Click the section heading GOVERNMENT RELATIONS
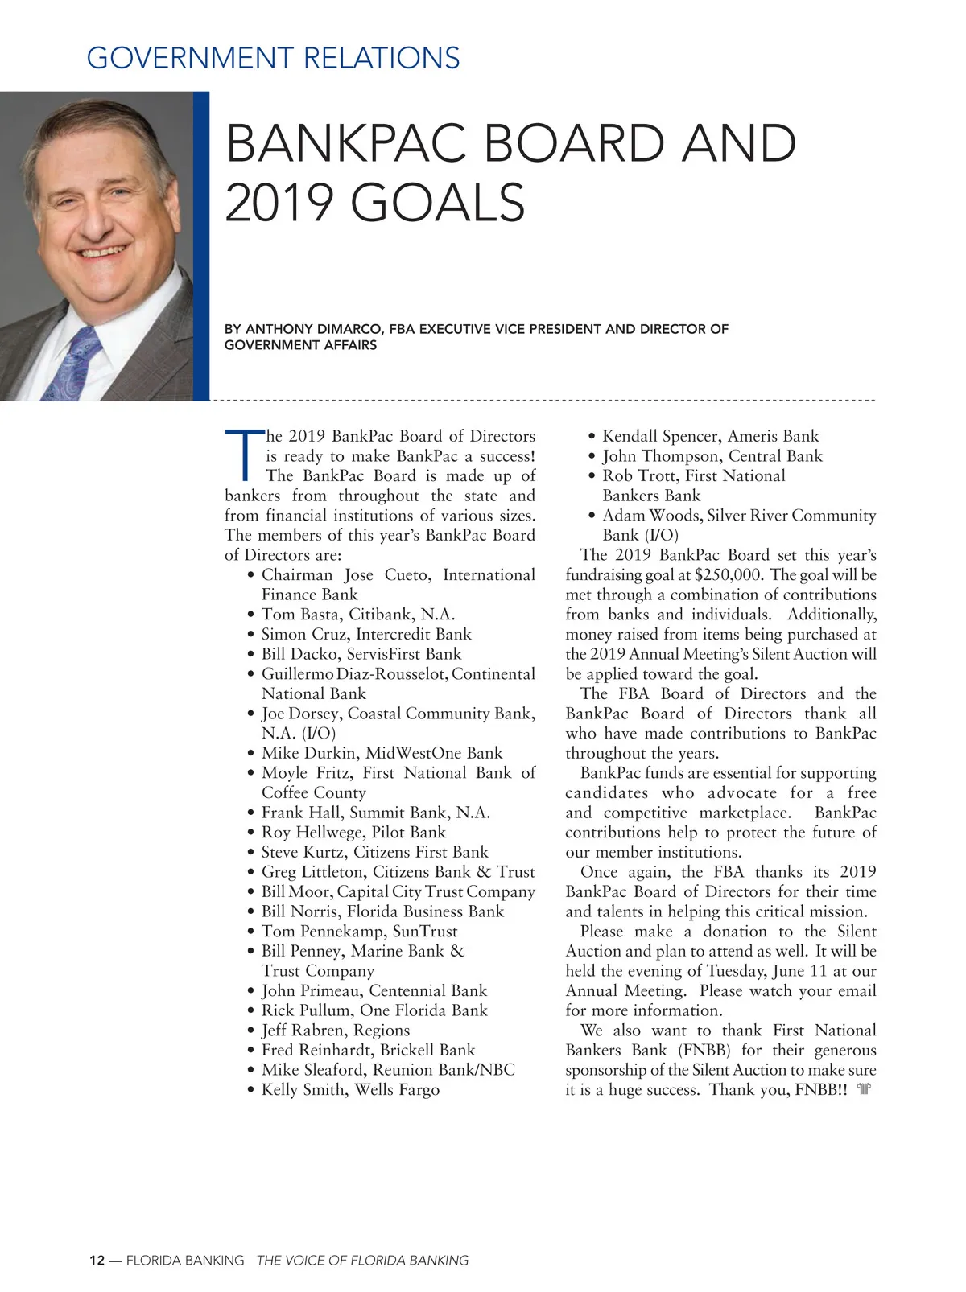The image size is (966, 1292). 273,59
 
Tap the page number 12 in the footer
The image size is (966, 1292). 97,1261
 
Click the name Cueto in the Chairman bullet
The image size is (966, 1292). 407,575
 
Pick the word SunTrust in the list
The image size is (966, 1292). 425,932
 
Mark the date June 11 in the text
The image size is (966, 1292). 799,971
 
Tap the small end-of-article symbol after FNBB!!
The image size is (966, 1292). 865,1090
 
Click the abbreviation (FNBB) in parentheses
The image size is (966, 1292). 704,1051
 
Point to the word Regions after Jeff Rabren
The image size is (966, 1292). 382,1031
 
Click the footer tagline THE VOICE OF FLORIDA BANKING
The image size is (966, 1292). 362,1261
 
